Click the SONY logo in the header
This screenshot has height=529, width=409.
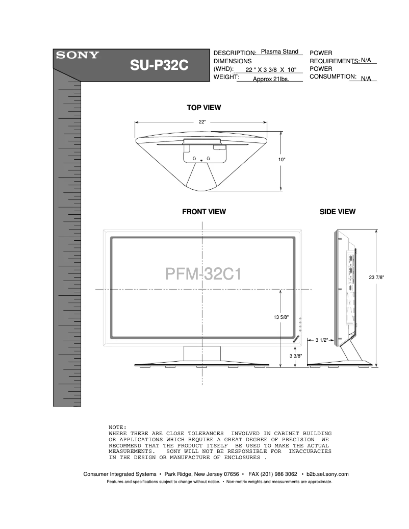point(78,56)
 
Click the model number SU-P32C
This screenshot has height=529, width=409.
point(160,67)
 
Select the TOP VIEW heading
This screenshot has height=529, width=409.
point(203,108)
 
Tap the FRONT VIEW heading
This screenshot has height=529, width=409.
point(204,212)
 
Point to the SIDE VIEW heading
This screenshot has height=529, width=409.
point(338,212)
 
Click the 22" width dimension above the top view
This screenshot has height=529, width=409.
point(202,122)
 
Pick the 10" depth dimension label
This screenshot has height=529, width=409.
point(282,160)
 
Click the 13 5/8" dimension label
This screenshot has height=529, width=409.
point(281,317)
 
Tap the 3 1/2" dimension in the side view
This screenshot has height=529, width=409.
point(321,340)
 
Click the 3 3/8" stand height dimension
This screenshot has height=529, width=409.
point(296,356)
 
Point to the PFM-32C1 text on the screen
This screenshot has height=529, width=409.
point(203,274)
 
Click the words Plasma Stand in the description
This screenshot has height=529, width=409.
point(279,52)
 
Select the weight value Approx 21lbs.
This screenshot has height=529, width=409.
point(271,79)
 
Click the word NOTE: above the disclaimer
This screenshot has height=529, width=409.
point(117,427)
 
